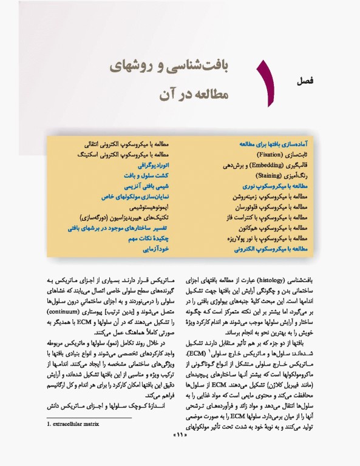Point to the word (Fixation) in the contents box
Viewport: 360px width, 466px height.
pyautogui.click(x=265, y=154)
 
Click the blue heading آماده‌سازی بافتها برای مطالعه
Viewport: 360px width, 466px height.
pyautogui.click(x=271, y=145)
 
